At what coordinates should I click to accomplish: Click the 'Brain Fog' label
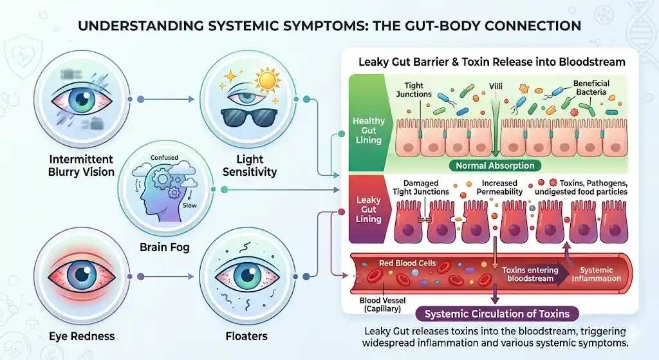(165, 247)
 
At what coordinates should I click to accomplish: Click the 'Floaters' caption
(247, 336)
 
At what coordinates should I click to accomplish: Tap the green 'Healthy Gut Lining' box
(369, 131)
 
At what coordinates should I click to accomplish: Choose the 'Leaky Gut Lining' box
(369, 209)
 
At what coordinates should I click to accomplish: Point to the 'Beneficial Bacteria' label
(592, 88)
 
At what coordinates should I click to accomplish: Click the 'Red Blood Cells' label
(407, 263)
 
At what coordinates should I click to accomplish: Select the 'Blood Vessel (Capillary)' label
(380, 305)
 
